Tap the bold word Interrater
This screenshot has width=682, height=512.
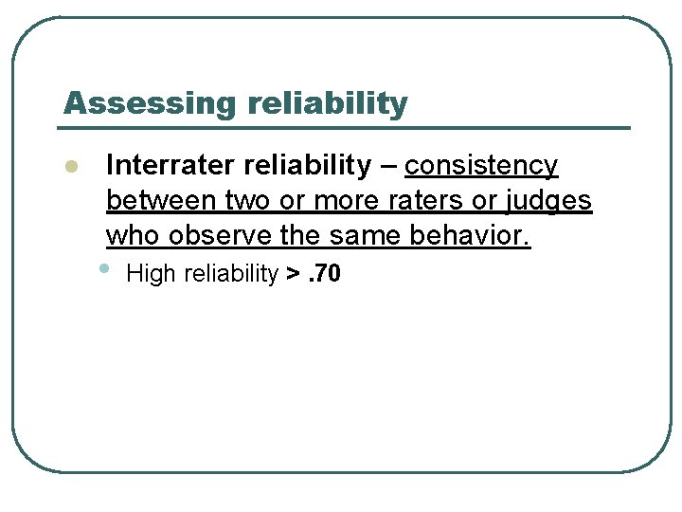pos(171,166)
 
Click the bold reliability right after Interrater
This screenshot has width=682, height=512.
pos(308,166)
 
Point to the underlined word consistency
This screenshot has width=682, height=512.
pos(481,166)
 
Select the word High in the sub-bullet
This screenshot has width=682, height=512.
pos(151,275)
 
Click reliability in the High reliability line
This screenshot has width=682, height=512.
pos(230,275)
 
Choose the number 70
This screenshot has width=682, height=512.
pos(328,275)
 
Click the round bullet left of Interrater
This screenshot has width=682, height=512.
pos(69,168)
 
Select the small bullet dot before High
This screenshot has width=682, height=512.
pos(103,269)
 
